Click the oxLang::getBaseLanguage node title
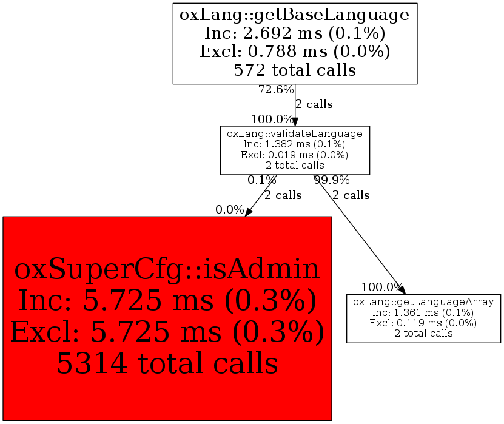point(295,14)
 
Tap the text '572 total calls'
point(295,70)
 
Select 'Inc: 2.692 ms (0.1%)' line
point(295,33)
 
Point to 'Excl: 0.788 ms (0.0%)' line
point(295,52)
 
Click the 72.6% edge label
point(276,90)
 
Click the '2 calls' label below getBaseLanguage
point(314,104)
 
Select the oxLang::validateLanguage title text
point(295,133)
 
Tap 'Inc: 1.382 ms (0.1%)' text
point(295,144)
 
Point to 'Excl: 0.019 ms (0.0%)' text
point(295,155)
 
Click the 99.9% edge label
point(331,180)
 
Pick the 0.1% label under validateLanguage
point(262,180)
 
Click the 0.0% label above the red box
point(230,210)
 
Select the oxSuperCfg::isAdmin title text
point(167,269)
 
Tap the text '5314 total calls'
point(167,363)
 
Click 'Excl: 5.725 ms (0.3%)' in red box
point(167,332)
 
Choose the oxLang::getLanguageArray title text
point(423,301)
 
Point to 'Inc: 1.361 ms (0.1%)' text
point(423,312)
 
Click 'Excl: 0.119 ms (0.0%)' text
point(423,322)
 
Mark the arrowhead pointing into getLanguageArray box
point(402,290)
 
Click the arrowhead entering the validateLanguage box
point(295,121)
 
